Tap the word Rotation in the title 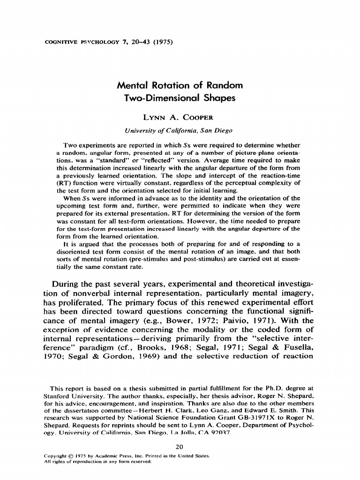(171, 86)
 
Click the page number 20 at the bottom (180, 446)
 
